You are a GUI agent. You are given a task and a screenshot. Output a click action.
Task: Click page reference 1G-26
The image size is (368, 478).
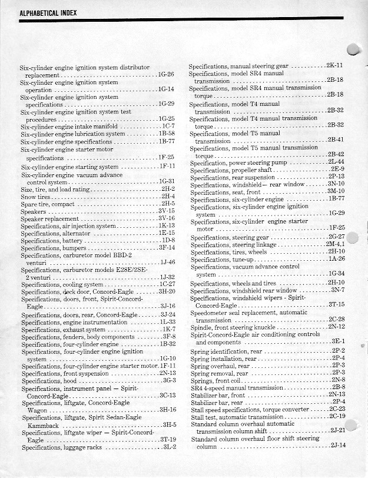tap(166, 75)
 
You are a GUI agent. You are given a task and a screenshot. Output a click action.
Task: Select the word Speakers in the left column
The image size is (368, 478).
tap(33, 211)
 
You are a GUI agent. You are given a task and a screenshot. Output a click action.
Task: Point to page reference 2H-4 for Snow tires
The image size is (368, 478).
tap(168, 196)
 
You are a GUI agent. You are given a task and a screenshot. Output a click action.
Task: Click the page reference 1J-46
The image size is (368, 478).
tap(167, 261)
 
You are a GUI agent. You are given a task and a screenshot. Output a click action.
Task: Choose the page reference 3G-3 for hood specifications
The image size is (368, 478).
tap(169, 380)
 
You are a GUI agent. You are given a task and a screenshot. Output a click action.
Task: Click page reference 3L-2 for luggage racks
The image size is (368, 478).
tap(169, 447)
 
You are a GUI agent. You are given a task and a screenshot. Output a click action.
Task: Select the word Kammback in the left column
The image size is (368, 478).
tap(42, 425)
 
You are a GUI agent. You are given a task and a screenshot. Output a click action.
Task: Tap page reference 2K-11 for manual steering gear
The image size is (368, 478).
tap(334, 65)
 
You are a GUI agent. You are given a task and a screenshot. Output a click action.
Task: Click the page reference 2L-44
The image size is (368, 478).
tap(336, 162)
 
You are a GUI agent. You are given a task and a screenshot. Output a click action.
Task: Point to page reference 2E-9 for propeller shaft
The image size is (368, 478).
tap(337, 170)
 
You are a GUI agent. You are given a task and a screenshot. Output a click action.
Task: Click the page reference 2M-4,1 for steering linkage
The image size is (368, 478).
tap(335, 244)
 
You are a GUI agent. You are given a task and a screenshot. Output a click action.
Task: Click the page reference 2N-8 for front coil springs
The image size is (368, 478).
tap(338, 380)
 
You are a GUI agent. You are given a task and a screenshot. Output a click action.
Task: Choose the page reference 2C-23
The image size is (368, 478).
tap(337, 409)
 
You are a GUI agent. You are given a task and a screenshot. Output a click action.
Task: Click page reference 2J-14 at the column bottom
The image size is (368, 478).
tap(337, 445)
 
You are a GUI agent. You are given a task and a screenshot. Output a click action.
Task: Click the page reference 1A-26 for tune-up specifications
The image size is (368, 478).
tap(337, 258)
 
